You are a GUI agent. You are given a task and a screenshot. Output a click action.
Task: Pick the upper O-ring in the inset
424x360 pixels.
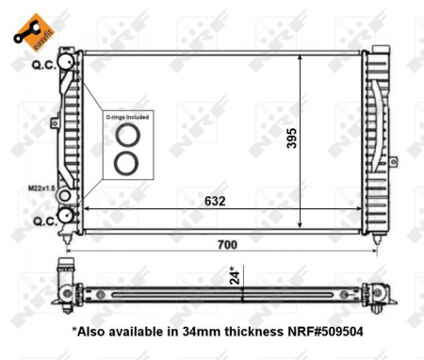[x=124, y=138]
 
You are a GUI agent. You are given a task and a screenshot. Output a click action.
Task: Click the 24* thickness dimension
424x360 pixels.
[x=235, y=276]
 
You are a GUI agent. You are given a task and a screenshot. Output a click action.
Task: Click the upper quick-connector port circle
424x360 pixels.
[x=67, y=61]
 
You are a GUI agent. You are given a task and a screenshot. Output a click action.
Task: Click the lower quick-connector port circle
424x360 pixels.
[x=67, y=217]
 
